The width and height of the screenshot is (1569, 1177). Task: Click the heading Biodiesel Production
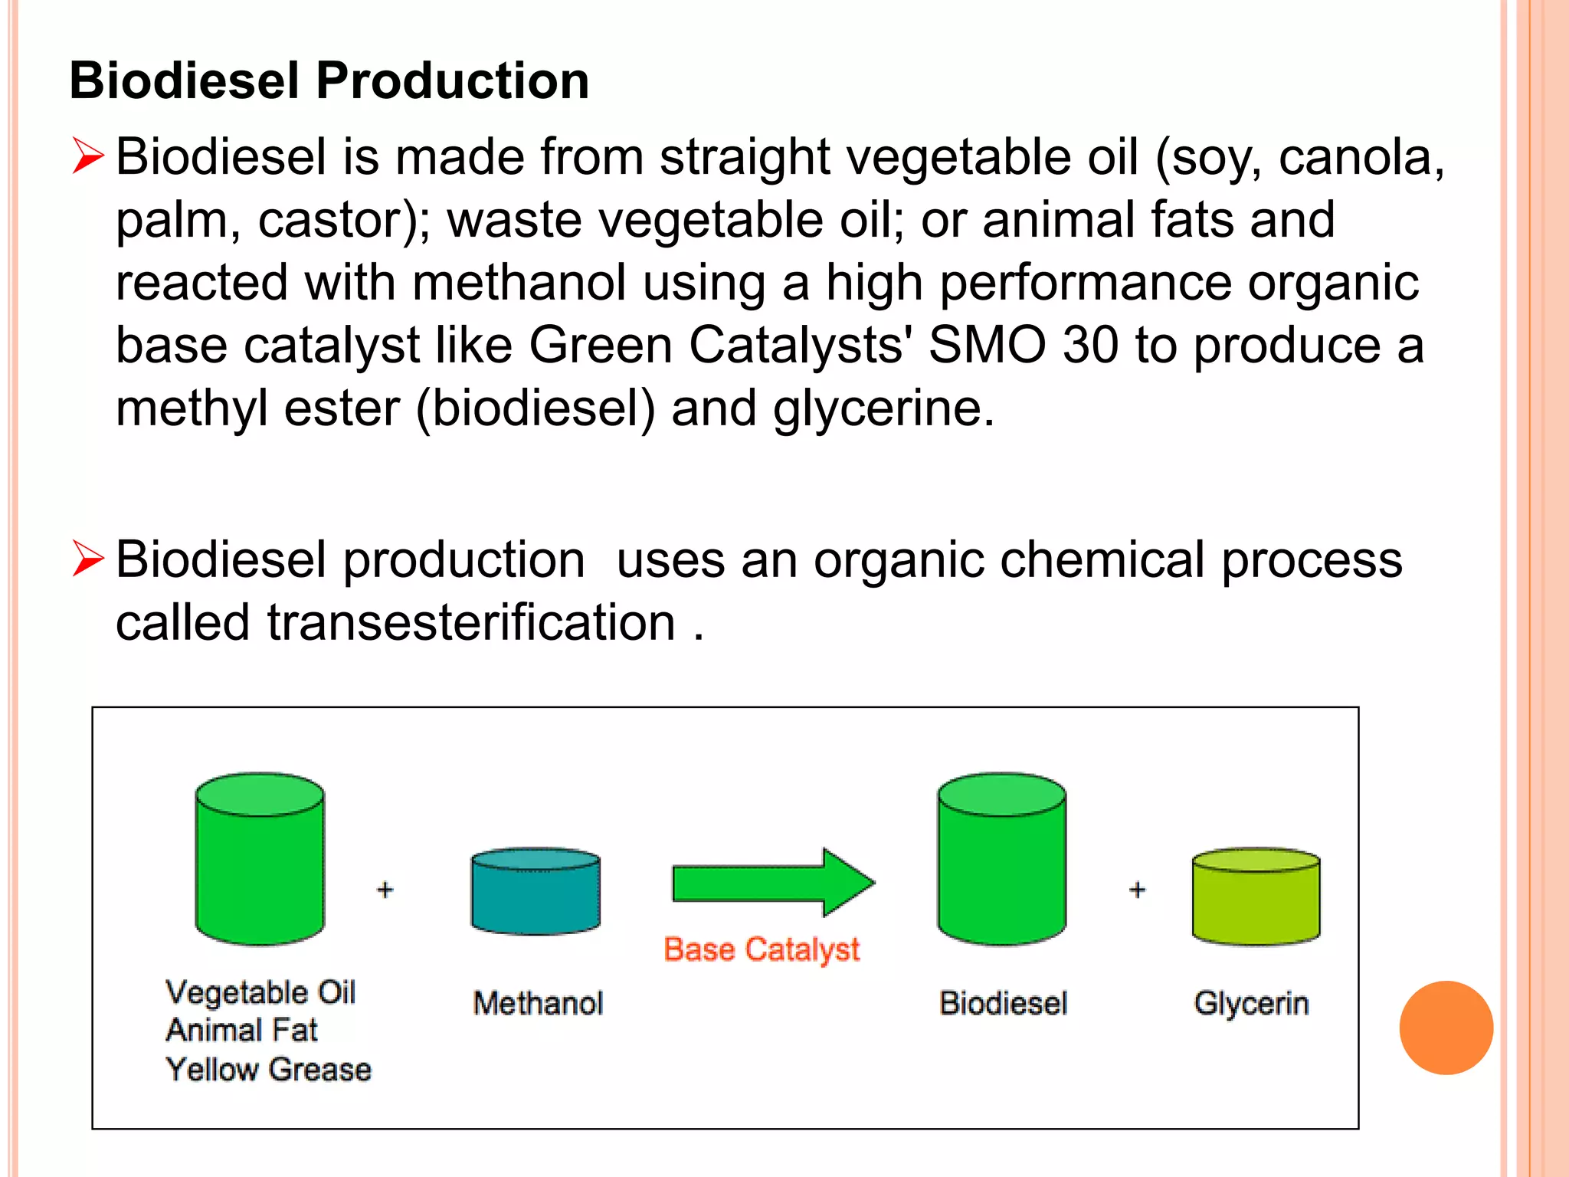329,80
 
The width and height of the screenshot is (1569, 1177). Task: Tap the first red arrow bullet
88,156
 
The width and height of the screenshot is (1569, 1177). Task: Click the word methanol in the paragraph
519,282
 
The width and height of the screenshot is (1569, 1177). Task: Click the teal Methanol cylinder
536,891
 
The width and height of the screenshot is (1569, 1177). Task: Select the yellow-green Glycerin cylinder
1256,897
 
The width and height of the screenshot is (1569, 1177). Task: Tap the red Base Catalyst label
762,949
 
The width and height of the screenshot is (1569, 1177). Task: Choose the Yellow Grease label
268,1069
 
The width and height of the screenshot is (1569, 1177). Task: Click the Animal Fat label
241,1030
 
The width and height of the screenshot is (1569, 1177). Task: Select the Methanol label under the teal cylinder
538,1003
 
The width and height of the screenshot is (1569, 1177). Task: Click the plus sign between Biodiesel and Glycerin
1138,890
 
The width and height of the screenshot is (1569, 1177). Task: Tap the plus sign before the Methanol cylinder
385,890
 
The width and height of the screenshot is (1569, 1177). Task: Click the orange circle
1446,1028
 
